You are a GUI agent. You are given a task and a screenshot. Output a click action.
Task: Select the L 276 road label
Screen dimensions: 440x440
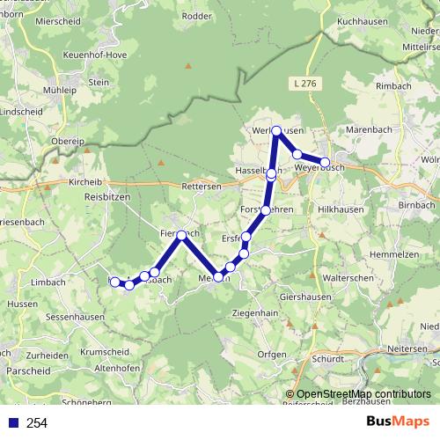301,83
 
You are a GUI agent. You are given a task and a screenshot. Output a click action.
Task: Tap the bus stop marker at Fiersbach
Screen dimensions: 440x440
181,235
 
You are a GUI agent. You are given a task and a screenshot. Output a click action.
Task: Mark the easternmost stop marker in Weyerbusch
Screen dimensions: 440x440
325,162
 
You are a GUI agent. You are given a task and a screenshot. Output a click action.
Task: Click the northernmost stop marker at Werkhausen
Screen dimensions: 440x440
276,131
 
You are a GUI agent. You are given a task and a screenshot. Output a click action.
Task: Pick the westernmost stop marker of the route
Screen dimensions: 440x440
114,282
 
